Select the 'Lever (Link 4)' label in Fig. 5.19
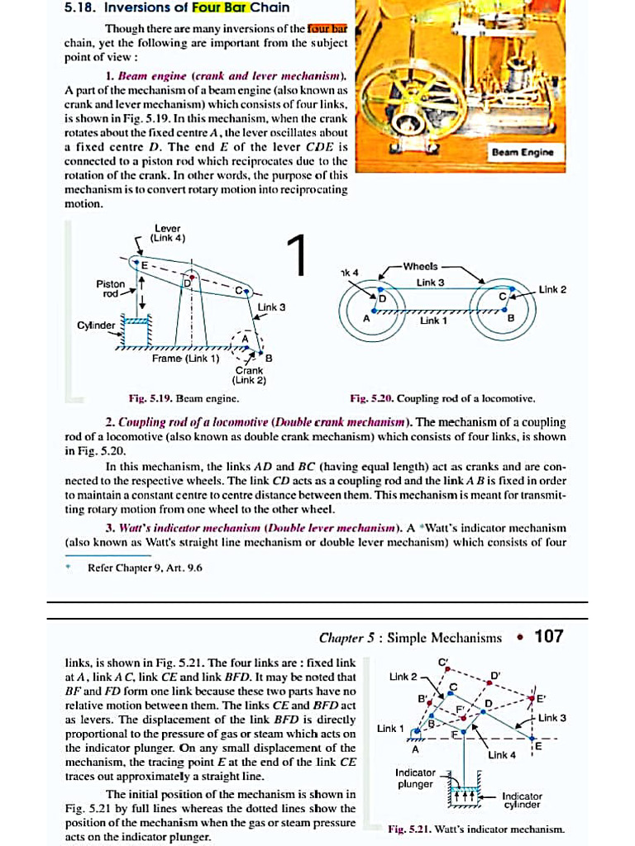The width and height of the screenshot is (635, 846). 169,234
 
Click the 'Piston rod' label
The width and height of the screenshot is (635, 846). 109,288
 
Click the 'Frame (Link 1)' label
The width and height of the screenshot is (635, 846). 185,359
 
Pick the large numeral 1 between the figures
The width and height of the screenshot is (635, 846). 298,255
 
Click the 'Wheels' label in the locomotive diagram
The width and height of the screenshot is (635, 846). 423,266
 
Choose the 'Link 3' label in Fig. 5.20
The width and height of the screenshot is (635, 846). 430,283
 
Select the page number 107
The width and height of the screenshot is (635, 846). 548,636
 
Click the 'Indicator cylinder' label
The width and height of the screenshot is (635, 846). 521,800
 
